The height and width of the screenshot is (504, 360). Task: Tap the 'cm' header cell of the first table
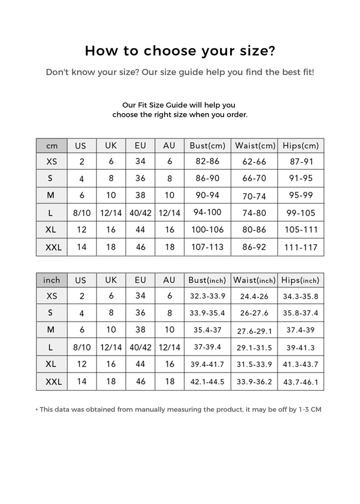(51, 146)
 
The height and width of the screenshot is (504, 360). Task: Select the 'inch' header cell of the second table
(51, 280)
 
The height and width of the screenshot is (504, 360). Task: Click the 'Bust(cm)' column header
(207, 146)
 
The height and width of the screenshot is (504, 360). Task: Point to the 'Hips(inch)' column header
(300, 280)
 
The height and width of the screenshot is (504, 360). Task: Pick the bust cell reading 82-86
(207, 161)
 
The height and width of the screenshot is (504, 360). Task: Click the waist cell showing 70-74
(254, 196)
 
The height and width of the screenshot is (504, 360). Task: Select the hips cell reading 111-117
(301, 247)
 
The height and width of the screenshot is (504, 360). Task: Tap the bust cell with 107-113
(207, 247)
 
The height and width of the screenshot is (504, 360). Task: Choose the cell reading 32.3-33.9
(207, 296)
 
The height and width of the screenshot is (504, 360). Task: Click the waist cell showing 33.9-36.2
(254, 381)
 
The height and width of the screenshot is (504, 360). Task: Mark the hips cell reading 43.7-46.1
(301, 381)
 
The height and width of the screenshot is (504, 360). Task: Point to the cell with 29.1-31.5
(254, 347)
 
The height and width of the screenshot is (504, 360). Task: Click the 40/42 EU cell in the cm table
(140, 213)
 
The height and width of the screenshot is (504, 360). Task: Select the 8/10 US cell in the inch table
(82, 347)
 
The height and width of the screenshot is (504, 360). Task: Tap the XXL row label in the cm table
(53, 248)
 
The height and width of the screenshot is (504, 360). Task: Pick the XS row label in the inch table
(52, 296)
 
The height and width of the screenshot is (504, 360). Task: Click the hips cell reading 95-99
(301, 195)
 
